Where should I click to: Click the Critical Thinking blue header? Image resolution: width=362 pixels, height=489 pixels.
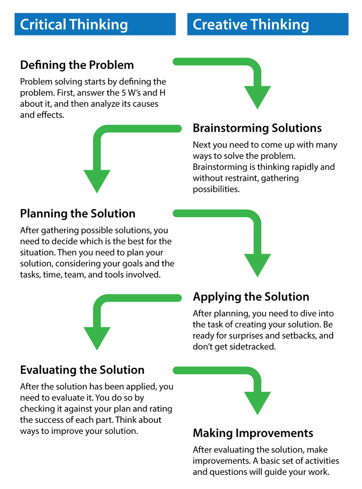95,24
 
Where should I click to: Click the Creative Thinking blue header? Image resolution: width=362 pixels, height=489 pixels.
268,24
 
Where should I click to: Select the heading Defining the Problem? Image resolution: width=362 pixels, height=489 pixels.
77,65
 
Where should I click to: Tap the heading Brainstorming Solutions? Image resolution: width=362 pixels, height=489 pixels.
257,128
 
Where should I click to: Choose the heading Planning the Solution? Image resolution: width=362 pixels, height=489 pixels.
77,214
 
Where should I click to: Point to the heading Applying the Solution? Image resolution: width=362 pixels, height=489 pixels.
251,297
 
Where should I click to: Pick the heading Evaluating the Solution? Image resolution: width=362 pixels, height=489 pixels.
82,370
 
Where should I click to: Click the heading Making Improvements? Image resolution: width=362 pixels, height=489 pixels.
253,433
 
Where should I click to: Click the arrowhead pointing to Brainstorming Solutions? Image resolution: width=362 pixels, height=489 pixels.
257,96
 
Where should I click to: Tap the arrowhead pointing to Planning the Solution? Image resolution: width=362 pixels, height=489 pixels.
97,180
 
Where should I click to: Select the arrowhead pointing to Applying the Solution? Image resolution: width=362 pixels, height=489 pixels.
257,264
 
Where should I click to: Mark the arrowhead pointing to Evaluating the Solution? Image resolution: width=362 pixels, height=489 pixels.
97,337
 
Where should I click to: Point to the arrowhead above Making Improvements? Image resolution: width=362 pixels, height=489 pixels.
257,402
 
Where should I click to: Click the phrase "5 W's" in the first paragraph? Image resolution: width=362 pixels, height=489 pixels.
131,93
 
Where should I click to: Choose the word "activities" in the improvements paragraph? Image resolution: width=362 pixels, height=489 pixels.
320,461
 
